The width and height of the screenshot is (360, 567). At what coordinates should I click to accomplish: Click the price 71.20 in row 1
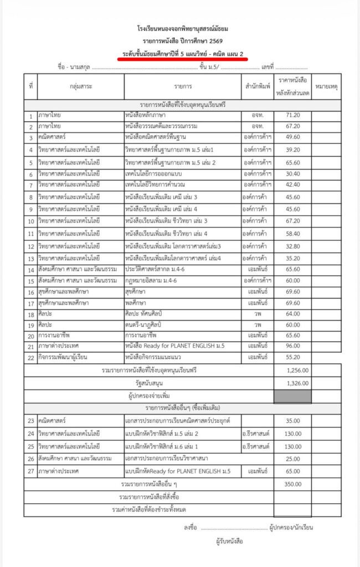tap(292, 115)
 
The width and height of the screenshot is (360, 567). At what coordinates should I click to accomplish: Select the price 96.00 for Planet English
tap(292, 346)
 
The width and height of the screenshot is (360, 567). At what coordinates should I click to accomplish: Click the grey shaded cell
tap(292, 396)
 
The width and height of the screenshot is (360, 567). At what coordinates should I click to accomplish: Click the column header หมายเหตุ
tap(326, 86)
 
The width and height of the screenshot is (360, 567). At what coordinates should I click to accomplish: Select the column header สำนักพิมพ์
tap(257, 86)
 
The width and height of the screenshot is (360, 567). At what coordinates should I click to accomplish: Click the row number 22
tap(30, 358)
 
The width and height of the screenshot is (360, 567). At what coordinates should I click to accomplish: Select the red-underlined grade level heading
tap(186, 53)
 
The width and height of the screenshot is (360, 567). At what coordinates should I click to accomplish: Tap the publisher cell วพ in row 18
tap(257, 313)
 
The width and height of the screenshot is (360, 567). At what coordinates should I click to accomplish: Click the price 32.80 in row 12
tap(292, 246)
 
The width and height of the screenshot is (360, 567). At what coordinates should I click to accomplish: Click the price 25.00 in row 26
tap(292, 458)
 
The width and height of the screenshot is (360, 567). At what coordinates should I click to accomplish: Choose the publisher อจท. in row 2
tap(257, 126)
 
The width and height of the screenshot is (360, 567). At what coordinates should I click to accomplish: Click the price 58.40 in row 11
tap(292, 234)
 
